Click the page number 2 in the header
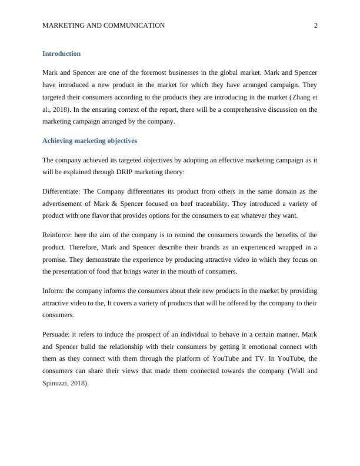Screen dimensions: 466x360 (316, 25)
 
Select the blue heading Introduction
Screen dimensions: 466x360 (61, 54)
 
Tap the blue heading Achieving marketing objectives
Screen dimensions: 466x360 (89, 141)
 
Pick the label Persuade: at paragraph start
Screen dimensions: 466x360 (56, 334)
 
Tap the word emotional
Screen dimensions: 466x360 (264, 346)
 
